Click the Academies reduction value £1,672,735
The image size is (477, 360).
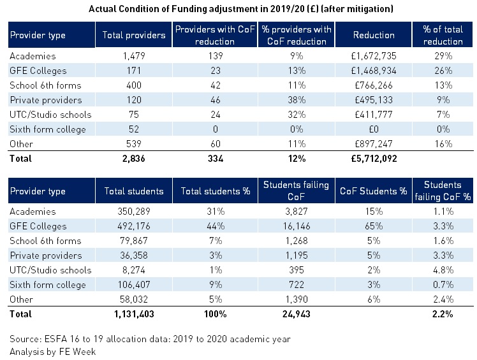374,56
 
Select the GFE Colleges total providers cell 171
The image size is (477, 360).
134,71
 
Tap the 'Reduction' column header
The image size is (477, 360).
374,35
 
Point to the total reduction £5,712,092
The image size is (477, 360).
374,159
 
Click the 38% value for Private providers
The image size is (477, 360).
297,100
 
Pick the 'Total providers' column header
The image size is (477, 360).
134,35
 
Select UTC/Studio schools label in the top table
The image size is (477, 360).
50,115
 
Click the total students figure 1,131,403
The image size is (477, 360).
134,313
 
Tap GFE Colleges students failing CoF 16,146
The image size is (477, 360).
297,226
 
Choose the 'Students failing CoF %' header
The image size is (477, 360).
443,191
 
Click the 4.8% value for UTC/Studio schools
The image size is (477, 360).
443,270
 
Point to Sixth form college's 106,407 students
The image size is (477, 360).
134,285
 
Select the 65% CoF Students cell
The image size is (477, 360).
374,226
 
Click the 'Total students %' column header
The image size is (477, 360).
216,191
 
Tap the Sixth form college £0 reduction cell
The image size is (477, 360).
374,129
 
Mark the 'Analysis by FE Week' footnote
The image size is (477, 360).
53,352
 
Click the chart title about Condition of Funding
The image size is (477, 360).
241,9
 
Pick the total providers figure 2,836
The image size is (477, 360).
134,159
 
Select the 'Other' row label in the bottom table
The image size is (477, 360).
21,299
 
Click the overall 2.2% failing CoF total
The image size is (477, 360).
443,313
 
